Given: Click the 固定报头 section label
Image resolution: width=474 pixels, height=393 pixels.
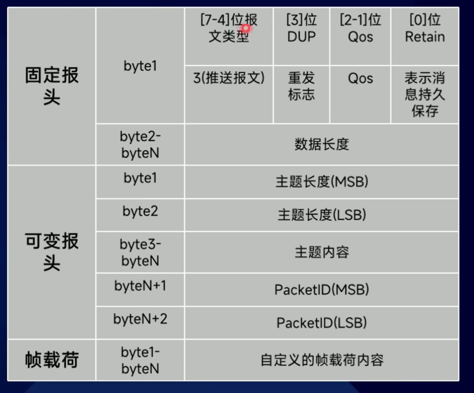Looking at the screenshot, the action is pyautogui.click(x=51, y=86).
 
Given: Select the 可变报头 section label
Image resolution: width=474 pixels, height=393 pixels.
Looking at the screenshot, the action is pyautogui.click(x=51, y=252).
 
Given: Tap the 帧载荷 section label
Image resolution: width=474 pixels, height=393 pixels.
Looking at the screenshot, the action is pyautogui.click(x=51, y=360).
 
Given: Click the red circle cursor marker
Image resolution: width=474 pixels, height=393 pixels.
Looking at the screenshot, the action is pyautogui.click(x=246, y=28).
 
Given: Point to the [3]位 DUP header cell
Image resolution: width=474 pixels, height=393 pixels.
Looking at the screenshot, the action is pyautogui.click(x=301, y=28).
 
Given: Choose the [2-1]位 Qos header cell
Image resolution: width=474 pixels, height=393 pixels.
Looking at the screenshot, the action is pyautogui.click(x=360, y=28).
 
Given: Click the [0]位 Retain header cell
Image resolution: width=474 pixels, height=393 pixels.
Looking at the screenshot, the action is pyautogui.click(x=424, y=28).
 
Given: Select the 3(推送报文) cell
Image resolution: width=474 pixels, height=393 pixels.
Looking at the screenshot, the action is pyautogui.click(x=229, y=78).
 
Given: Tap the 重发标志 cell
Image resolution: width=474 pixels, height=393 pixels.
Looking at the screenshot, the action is pyautogui.click(x=301, y=86).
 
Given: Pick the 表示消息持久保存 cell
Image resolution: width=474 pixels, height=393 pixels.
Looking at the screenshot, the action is pyautogui.click(x=424, y=94).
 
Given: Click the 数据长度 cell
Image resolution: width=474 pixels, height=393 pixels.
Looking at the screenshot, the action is pyautogui.click(x=321, y=144).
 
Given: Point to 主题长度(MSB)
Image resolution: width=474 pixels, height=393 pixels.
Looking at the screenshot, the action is pyautogui.click(x=321, y=182).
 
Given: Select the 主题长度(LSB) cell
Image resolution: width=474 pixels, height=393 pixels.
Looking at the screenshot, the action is pyautogui.click(x=321, y=215).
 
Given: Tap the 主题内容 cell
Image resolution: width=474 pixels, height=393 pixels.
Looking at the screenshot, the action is pyautogui.click(x=321, y=252).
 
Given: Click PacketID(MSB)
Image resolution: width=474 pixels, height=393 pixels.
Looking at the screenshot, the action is pyautogui.click(x=321, y=290).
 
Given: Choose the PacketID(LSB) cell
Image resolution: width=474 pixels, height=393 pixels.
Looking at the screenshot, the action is pyautogui.click(x=321, y=323).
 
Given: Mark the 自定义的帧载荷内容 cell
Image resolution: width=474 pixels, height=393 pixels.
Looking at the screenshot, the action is pyautogui.click(x=321, y=360).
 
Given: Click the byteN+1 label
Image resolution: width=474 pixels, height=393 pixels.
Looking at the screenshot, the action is pyautogui.click(x=140, y=286).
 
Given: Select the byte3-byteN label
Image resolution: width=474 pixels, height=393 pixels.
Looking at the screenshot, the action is pyautogui.click(x=140, y=252).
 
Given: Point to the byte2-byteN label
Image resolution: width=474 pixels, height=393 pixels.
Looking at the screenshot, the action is pyautogui.click(x=140, y=144).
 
